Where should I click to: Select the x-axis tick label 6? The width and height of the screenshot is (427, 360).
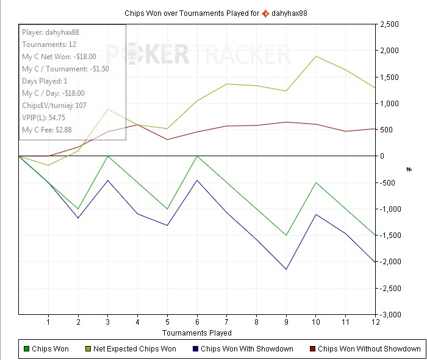(196, 322)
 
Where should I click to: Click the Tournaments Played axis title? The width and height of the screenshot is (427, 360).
(196, 333)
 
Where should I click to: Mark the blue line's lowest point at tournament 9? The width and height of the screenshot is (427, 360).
(285, 269)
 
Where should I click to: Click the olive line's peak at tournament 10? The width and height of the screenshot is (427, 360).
(315, 56)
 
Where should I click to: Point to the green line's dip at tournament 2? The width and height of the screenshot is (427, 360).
(78, 209)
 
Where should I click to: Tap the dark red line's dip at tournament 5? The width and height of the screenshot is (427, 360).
(167, 139)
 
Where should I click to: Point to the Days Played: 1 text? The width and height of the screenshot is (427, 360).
(45, 81)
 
